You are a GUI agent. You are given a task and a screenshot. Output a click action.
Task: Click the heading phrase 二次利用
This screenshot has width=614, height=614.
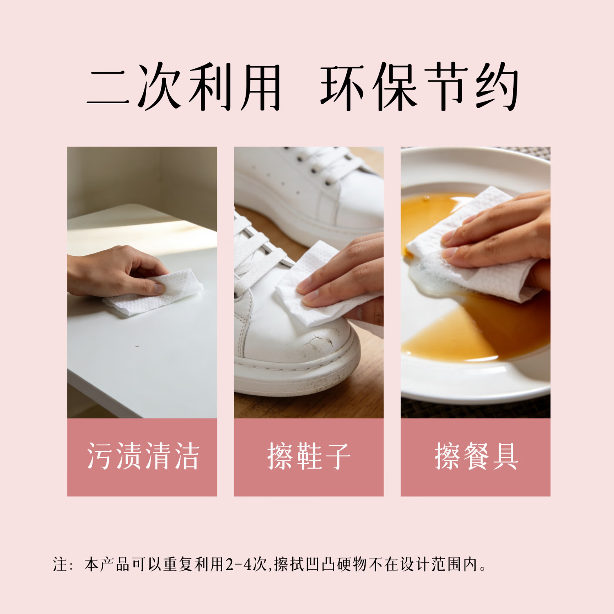[184, 87]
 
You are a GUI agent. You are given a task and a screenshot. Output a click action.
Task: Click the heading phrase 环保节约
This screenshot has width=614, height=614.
[420, 87]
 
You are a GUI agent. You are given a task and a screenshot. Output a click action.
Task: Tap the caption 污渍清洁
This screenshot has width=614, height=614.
[142, 456]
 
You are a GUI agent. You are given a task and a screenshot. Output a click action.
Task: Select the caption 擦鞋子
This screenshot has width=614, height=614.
[309, 456]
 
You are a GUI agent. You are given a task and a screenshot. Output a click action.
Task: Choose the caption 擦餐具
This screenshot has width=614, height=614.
[476, 456]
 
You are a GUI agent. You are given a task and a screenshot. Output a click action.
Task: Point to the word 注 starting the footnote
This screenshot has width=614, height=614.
[60, 564]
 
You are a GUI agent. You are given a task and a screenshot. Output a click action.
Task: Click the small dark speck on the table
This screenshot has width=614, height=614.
[137, 347]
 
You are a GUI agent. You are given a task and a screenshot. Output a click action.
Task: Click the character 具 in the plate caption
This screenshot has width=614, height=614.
[505, 456]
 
